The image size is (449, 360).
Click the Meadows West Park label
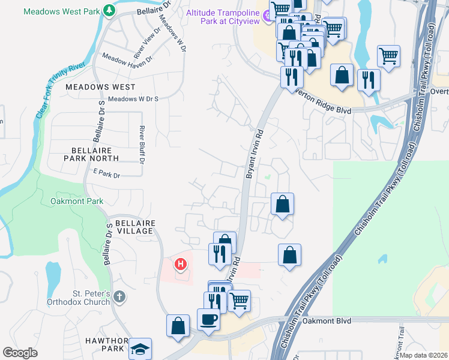[x=62, y=11]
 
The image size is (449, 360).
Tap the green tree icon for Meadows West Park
[x=109, y=10]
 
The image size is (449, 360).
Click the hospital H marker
[x=180, y=263]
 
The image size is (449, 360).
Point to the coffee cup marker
[x=209, y=319]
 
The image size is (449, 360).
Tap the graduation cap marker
[x=140, y=349]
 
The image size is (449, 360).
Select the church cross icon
[x=120, y=296]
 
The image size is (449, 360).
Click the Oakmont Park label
[x=77, y=202]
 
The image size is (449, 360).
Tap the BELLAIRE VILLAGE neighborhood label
[x=135, y=227]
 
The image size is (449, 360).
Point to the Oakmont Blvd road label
[x=326, y=321]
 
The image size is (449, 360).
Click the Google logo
[x=20, y=353]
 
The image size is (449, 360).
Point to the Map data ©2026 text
[x=423, y=355]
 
